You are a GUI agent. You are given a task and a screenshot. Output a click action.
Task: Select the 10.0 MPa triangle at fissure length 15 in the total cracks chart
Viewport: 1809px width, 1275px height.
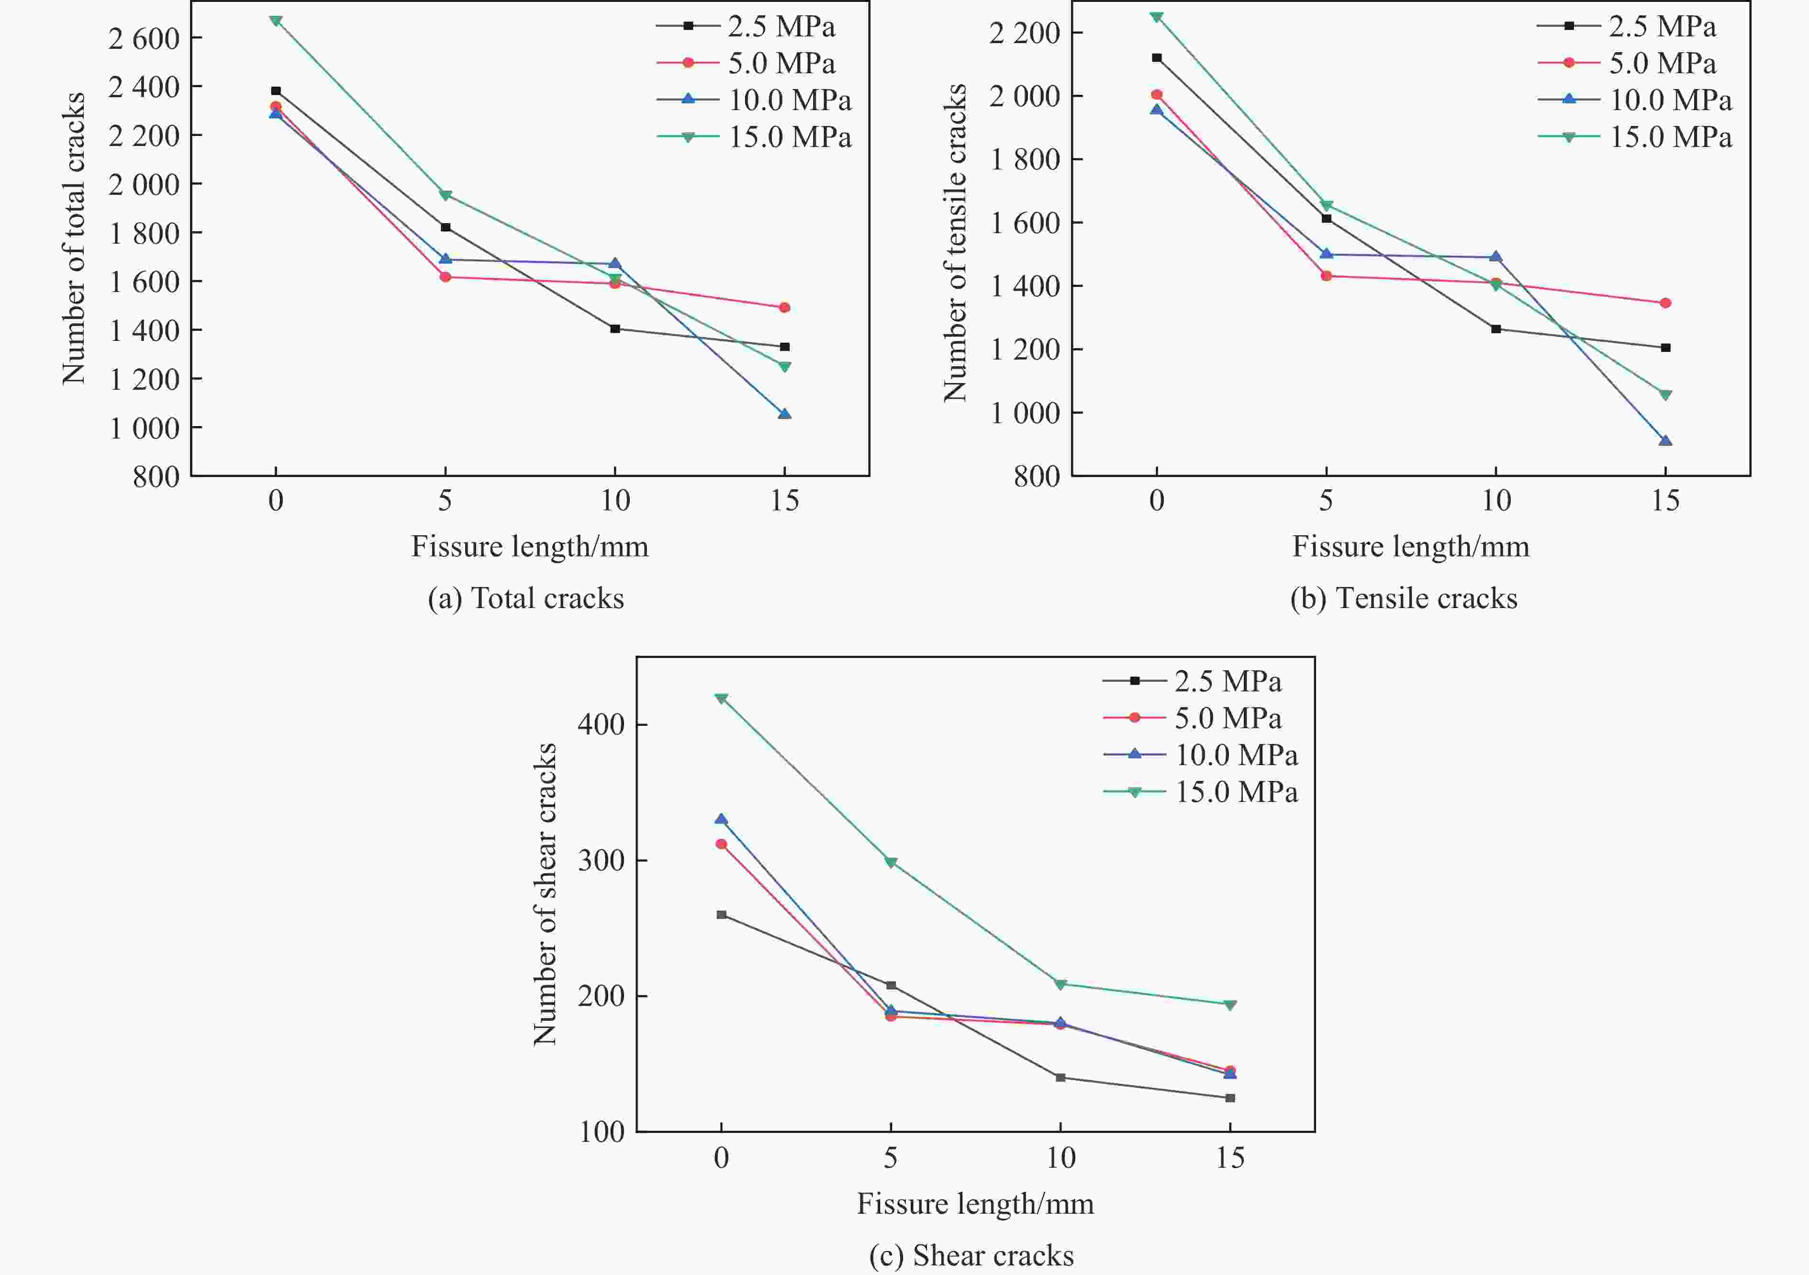pyautogui.click(x=785, y=414)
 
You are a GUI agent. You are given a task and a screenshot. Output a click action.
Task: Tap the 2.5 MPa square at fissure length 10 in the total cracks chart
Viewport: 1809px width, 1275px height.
pyautogui.click(x=615, y=328)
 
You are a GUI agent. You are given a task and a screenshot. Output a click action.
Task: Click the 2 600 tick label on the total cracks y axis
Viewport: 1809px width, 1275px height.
pyautogui.click(x=144, y=38)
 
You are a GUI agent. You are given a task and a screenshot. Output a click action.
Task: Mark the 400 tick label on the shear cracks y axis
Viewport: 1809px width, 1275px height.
pyautogui.click(x=601, y=724)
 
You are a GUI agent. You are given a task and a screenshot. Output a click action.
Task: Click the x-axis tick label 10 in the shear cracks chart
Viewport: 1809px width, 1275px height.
pyautogui.click(x=1061, y=1158)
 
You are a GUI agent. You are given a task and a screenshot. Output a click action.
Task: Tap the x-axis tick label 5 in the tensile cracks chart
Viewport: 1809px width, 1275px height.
pyautogui.click(x=1326, y=500)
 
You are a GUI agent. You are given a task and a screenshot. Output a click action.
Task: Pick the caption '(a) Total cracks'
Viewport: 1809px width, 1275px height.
pyautogui.click(x=525, y=598)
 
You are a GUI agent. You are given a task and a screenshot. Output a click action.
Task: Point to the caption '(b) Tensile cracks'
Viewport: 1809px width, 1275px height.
pyautogui.click(x=1403, y=598)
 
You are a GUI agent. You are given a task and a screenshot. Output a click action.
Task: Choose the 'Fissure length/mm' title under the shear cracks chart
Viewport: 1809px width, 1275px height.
pyautogui.click(x=975, y=1203)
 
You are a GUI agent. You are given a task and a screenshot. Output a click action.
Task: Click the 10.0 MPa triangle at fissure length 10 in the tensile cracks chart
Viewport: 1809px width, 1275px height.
pyautogui.click(x=1496, y=257)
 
